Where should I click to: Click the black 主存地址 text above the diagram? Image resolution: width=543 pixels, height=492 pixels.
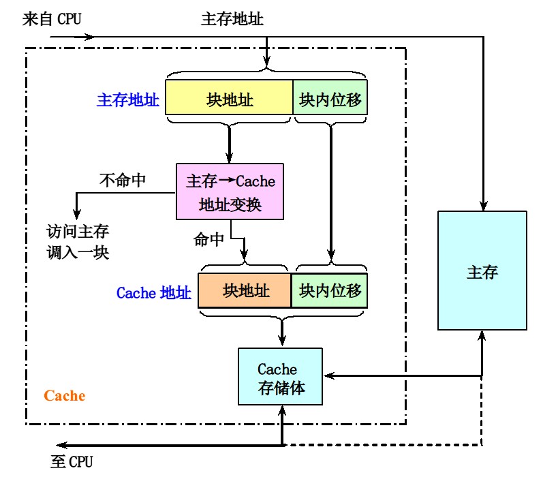232,18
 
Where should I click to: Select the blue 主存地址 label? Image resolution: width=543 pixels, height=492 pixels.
128,101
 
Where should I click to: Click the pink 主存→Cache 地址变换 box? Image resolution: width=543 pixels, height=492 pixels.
230,191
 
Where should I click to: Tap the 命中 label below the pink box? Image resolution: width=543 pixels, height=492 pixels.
208,239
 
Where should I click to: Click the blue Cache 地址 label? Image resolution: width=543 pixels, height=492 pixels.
153,293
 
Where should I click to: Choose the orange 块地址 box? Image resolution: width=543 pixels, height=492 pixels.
245,292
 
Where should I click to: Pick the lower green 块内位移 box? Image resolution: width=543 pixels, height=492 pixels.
330,292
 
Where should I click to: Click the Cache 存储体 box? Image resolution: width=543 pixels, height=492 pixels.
279,377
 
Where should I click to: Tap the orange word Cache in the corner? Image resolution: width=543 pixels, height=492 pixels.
65,396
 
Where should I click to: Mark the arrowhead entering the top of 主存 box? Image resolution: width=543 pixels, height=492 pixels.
482,206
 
